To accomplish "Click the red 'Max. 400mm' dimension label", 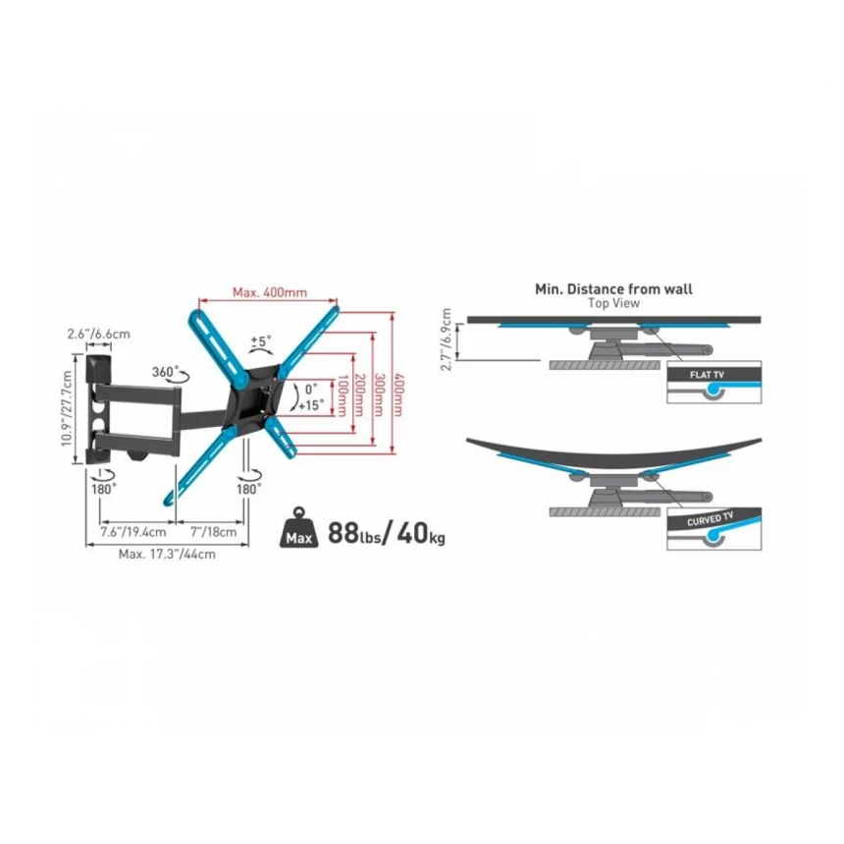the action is click(x=270, y=292).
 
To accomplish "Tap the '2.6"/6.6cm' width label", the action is click(x=98, y=334).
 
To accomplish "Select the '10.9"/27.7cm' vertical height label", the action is click(x=67, y=408).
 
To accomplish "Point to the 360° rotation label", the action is click(x=165, y=371).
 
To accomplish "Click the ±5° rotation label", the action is click(x=261, y=342).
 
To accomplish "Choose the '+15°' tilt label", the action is click(x=311, y=405).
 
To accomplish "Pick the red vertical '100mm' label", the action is click(x=341, y=396).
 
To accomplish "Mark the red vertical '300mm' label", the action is click(x=379, y=396).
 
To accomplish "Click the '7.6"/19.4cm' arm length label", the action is click(x=132, y=532).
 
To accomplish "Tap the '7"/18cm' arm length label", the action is click(x=213, y=532).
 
